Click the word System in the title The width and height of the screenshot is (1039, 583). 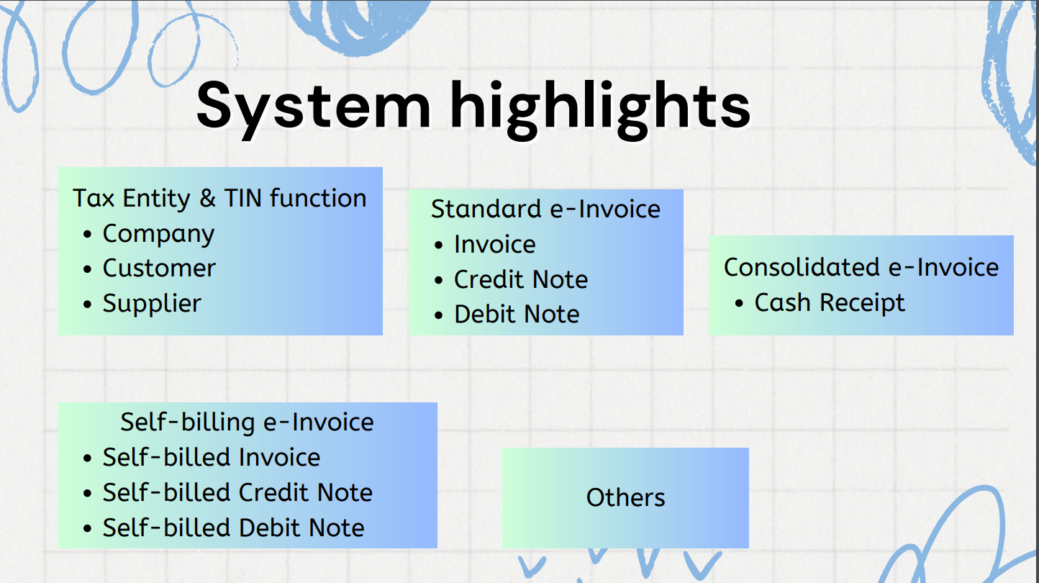point(314,109)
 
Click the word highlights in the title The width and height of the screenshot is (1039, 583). point(600,109)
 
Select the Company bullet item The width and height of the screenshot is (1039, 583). point(158,234)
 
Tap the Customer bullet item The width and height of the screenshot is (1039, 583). point(159,268)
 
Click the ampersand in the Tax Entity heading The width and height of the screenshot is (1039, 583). point(207,199)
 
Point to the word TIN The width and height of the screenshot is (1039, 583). point(242,198)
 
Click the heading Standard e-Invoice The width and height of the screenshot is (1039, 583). point(545,209)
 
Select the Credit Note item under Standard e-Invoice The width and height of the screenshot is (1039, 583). point(521,279)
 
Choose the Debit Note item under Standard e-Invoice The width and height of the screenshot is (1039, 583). point(517,315)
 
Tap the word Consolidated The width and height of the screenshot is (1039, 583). point(802,267)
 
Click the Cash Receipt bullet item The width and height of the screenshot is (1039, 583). point(830,303)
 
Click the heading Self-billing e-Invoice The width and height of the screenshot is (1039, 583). point(248,422)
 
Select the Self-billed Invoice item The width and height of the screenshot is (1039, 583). point(212,457)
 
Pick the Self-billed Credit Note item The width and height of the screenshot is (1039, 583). point(237,492)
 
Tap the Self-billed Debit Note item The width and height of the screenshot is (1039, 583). point(233,528)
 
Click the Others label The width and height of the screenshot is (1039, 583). point(625,497)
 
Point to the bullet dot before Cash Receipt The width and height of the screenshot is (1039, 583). point(740,304)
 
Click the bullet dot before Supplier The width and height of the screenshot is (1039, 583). point(87,304)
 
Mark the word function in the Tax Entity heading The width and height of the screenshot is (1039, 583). point(318,198)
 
